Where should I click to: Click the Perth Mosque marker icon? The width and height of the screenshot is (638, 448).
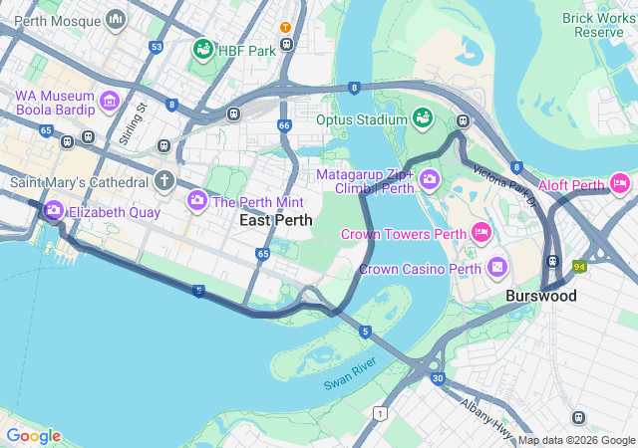click(x=117, y=19)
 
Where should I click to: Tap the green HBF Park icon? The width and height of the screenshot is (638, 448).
click(x=202, y=49)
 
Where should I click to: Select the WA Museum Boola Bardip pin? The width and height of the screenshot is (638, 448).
click(x=110, y=100)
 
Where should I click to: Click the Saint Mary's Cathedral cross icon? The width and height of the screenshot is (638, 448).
click(x=163, y=181)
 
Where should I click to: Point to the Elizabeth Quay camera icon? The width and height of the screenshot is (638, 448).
click(x=53, y=211)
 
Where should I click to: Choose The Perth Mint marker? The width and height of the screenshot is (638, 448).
click(x=197, y=201)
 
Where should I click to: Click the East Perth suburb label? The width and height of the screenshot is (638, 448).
click(x=276, y=220)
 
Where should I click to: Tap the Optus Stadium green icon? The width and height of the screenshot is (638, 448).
click(x=422, y=118)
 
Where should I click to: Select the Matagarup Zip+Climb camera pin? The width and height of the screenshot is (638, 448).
click(x=430, y=180)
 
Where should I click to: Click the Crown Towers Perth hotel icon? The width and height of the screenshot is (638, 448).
click(x=481, y=233)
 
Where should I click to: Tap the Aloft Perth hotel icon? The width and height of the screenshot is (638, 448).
click(x=620, y=183)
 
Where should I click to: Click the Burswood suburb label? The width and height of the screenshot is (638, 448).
click(x=540, y=296)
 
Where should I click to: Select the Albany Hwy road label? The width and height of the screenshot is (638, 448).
click(x=486, y=411)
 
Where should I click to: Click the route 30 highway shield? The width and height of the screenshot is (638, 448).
click(x=438, y=377)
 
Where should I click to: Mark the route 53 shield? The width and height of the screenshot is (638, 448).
click(x=156, y=47)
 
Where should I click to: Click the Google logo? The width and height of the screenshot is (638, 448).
click(x=33, y=435)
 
